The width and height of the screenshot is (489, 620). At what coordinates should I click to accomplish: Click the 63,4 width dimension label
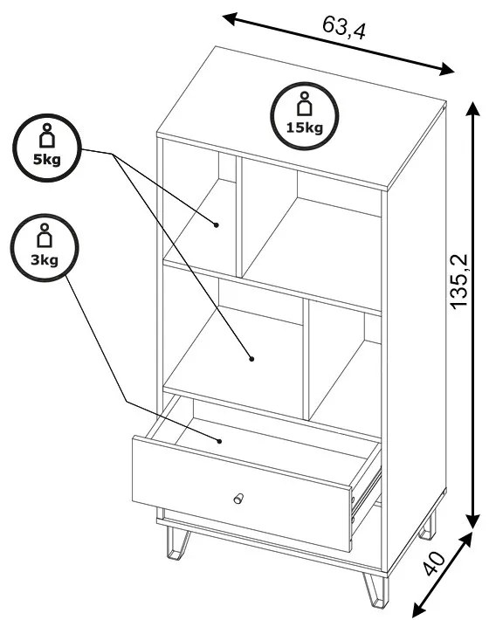coord(343,27)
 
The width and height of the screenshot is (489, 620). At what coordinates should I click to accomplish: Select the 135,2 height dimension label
coord(459,281)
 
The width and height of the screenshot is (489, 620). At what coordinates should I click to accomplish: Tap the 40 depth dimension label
coord(434,563)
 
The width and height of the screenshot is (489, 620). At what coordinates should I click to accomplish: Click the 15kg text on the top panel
coord(305,127)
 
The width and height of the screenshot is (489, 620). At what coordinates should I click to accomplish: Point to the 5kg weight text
coord(47,159)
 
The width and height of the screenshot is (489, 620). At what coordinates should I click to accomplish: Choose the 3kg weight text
coord(45,259)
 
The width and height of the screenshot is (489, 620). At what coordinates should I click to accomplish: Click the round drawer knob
coord(238,499)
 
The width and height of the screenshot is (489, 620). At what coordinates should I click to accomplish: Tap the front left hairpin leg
coord(176,543)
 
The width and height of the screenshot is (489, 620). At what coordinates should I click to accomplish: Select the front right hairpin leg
coord(376,590)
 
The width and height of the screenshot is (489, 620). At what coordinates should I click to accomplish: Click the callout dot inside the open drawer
coord(218,441)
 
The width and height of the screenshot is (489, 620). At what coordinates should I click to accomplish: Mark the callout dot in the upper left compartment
coord(217,225)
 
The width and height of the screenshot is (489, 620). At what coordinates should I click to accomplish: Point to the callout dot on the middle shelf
coord(251,359)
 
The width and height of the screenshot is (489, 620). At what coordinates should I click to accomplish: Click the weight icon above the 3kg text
coord(45,235)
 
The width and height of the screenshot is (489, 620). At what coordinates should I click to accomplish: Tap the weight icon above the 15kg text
coord(305,104)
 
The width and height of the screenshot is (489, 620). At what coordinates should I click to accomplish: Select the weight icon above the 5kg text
coord(47,135)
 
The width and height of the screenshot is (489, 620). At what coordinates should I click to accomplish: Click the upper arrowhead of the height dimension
coord(472,109)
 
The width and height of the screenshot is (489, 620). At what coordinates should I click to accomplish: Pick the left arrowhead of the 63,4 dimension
coord(230,18)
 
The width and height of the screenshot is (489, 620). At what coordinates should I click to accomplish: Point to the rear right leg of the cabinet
coord(428,527)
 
